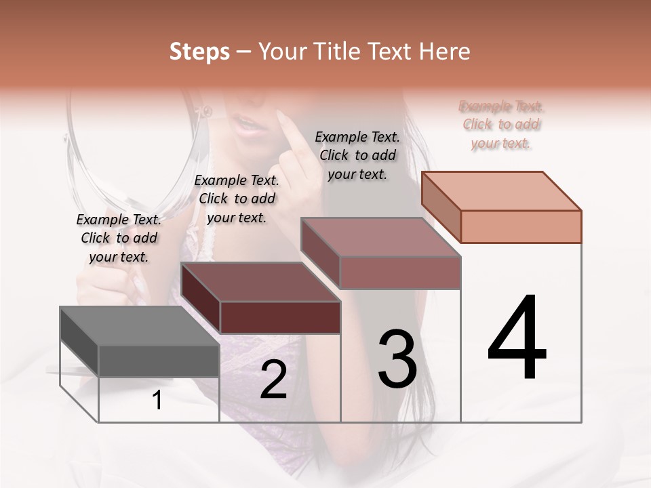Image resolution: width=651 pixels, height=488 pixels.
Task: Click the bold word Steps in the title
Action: point(199,52)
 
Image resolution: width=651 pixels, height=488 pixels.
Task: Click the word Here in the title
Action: point(445,52)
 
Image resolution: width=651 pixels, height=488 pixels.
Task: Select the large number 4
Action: point(517,338)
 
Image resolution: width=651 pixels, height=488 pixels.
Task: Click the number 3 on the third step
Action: point(397,359)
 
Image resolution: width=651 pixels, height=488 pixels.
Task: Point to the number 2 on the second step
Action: point(273,380)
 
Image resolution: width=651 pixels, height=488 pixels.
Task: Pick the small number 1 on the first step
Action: point(157,401)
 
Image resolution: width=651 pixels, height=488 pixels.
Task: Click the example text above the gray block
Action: point(119,238)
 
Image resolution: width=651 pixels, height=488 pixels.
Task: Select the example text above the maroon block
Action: point(237,199)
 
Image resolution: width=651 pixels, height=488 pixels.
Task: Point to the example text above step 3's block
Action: point(357,155)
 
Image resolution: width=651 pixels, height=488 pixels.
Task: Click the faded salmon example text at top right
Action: point(500,125)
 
